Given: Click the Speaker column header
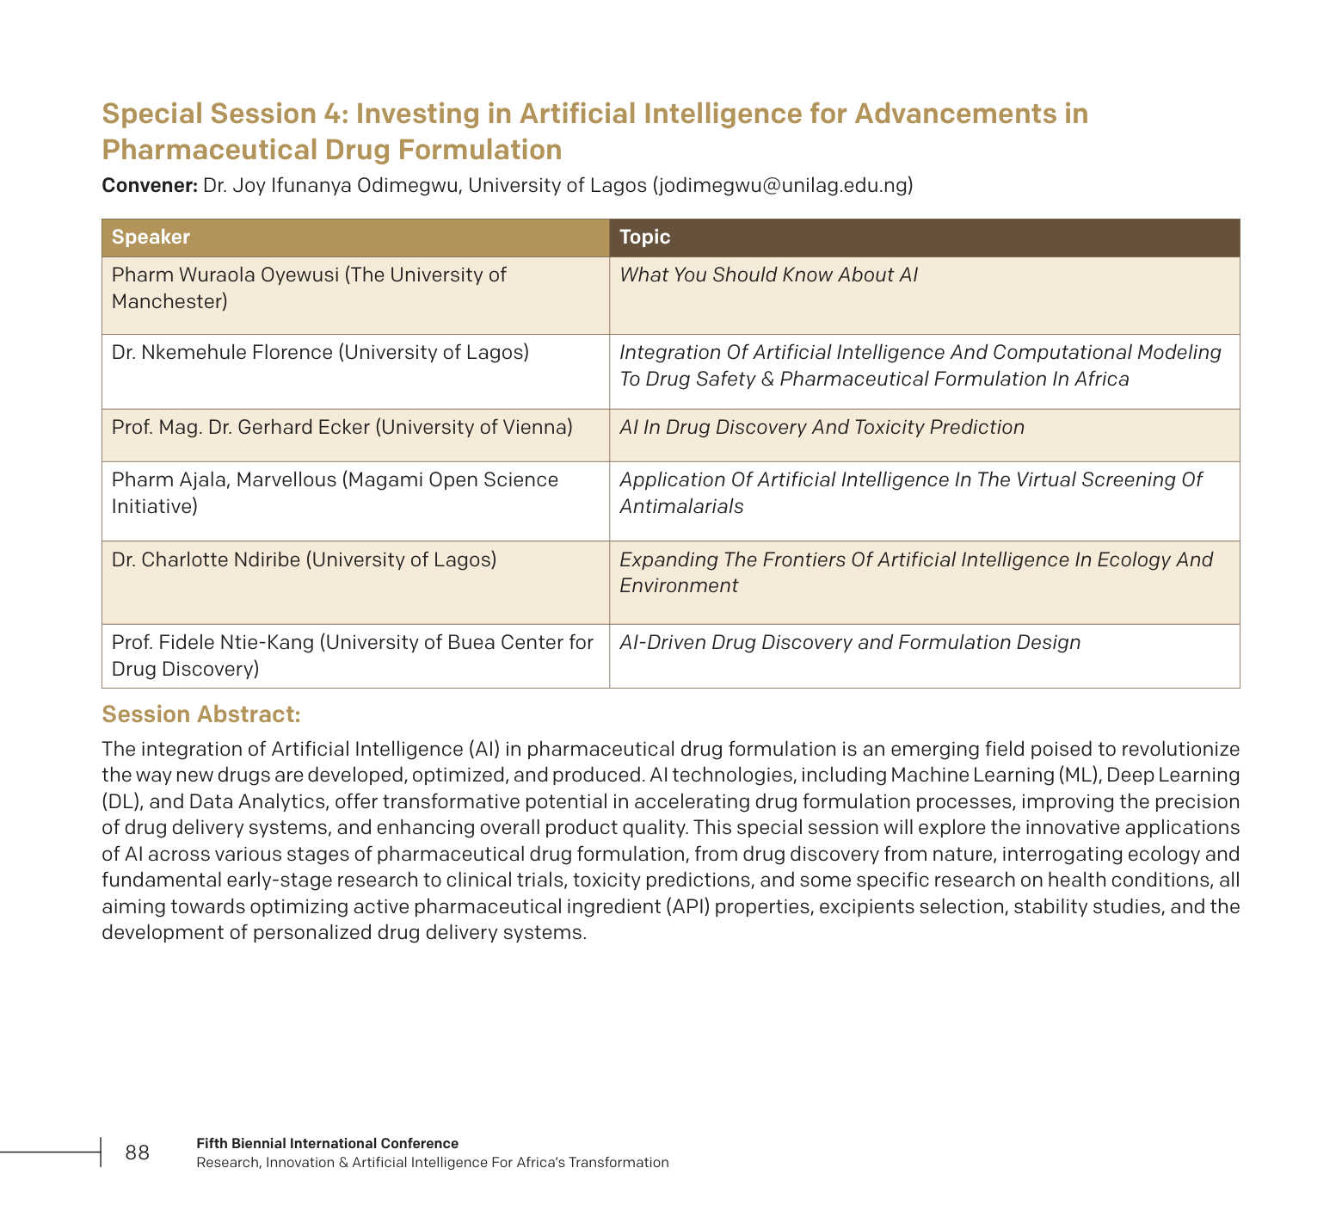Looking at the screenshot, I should pos(151,238).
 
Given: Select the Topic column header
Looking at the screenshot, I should pos(644,238).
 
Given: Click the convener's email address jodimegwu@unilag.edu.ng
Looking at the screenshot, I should pos(783,185).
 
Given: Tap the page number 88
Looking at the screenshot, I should pos(137,1152).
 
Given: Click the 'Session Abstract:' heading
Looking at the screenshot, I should pos(201,714).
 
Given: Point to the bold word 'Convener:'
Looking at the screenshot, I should pos(150,185).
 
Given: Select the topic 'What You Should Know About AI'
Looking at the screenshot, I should pos(768,275).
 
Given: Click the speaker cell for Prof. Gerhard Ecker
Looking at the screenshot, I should pos(342,428).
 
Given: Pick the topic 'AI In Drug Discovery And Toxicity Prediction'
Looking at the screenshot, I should pos(822,428).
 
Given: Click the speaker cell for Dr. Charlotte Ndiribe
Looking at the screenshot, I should pos(304,560).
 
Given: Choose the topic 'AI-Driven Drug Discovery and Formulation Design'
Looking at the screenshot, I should pos(849,643).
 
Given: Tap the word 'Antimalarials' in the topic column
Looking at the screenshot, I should pos(681,507).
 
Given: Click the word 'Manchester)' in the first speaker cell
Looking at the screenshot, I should pos(169,302).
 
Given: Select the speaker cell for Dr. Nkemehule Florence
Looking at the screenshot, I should pos(320,353).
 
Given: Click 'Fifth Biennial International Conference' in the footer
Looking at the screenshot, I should pos(327,1144).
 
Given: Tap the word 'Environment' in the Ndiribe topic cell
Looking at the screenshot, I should pos(679,586).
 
